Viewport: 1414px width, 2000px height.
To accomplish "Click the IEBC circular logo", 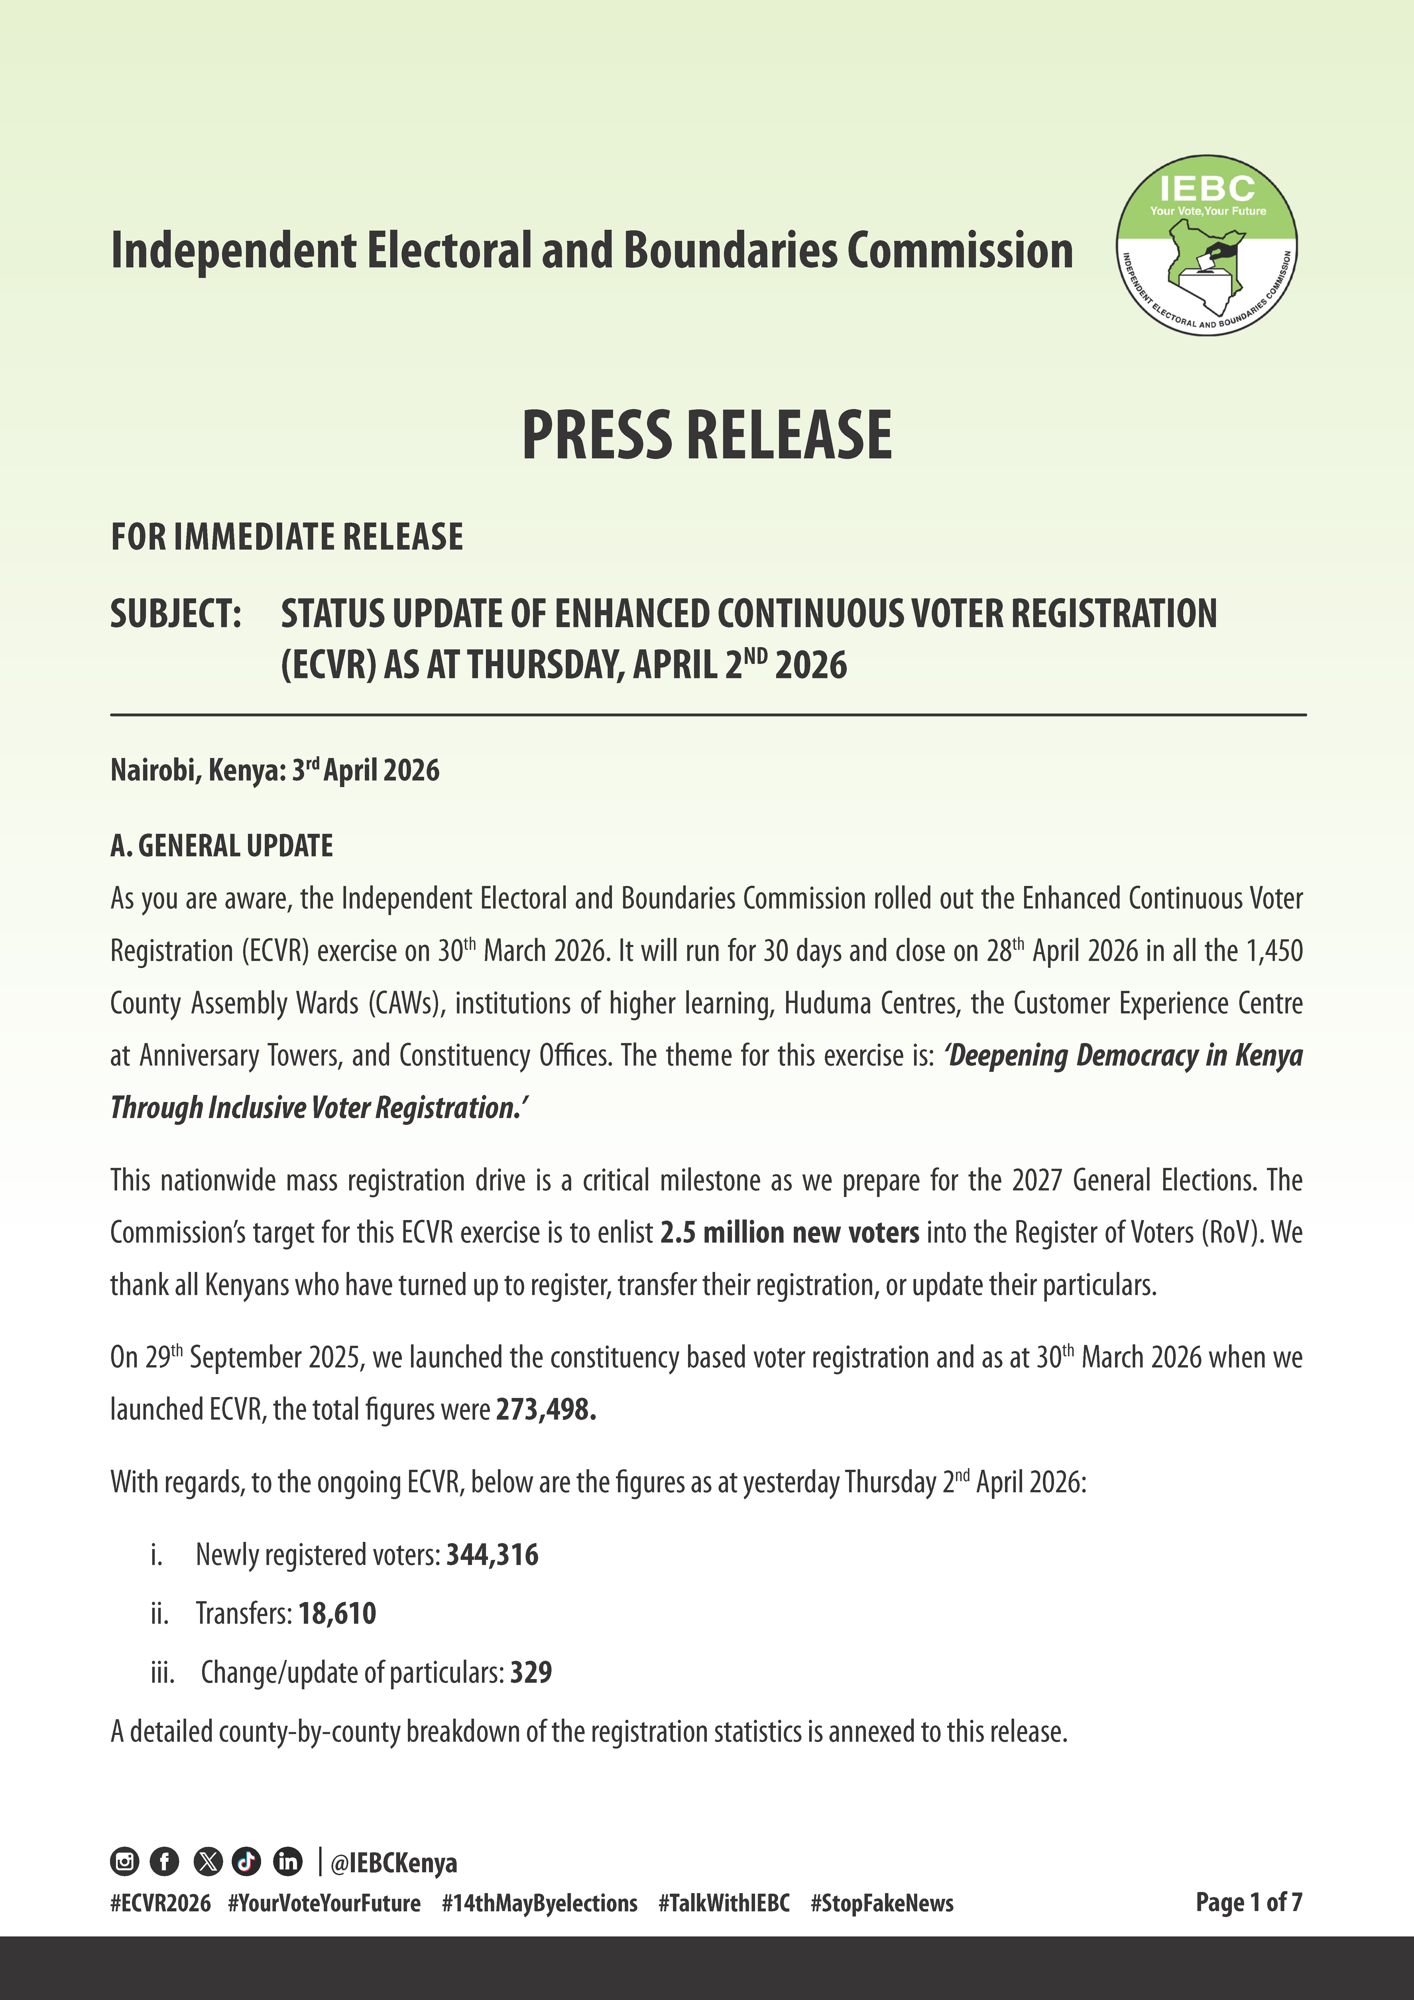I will coord(1207,246).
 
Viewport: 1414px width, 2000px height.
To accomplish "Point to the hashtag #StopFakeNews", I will coord(882,1903).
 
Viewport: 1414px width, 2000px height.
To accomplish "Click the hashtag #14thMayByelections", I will coord(539,1903).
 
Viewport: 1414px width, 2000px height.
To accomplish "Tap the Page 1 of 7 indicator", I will coord(1248,1903).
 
